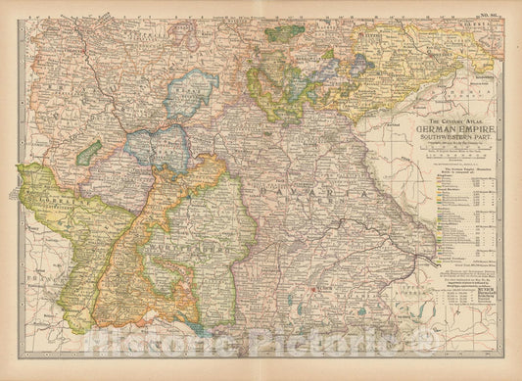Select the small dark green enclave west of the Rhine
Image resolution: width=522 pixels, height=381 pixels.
coord(90,153)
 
